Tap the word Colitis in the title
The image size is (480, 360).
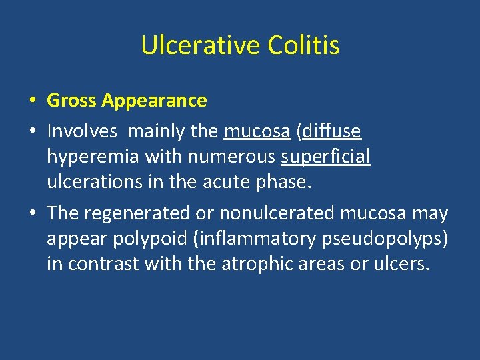tap(303, 46)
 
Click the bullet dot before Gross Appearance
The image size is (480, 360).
tap(32, 101)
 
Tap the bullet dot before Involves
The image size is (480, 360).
tap(32, 133)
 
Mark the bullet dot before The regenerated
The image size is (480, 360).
tap(32, 214)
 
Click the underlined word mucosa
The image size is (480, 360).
tap(257, 132)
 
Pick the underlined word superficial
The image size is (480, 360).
tap(326, 157)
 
